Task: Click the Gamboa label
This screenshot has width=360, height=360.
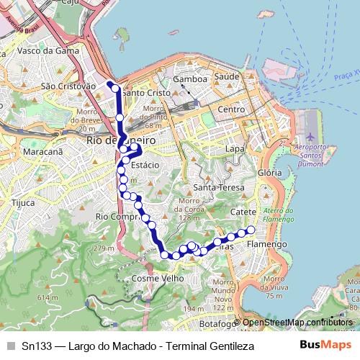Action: (190, 78)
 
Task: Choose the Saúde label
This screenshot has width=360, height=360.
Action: (227, 76)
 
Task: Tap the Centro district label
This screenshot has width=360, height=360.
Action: (232, 109)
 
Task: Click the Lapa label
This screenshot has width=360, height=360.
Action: (235, 148)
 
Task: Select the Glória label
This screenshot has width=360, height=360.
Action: (269, 174)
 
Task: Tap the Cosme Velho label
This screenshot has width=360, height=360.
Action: (154, 278)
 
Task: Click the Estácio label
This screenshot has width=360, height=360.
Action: (145, 165)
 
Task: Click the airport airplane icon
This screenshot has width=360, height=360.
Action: (310, 136)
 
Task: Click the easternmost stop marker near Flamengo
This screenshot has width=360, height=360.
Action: (251, 230)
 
